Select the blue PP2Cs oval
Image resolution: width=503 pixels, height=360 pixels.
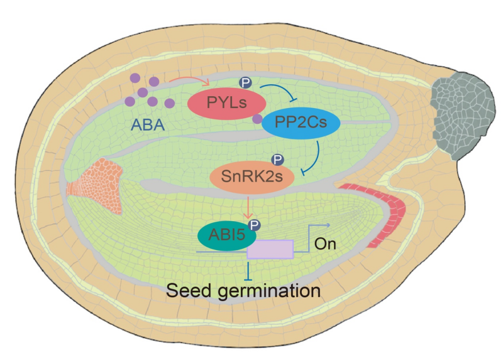pos(301,123)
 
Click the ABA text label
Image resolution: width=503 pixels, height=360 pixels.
pos(148,125)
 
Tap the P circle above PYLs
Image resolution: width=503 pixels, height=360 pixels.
pos(247,82)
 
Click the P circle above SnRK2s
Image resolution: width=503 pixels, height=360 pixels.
pos(277,161)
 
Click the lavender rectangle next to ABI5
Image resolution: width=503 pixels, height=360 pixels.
pos(270,249)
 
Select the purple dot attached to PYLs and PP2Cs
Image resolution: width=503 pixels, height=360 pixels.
pos(257,118)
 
